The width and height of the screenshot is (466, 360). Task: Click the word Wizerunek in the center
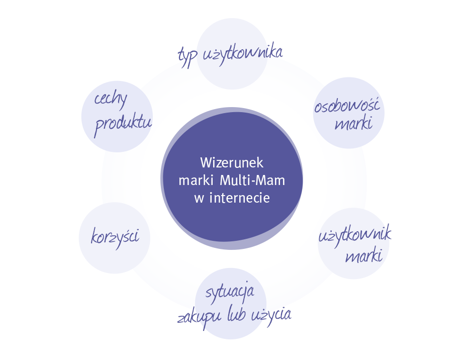[x=232, y=163]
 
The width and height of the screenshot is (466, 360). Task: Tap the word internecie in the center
[x=239, y=198]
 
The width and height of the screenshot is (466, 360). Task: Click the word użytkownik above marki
[x=355, y=235]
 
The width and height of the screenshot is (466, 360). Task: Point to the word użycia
[x=270, y=314]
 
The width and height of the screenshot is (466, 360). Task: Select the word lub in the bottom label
[x=235, y=315]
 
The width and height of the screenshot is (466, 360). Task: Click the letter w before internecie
[x=199, y=198]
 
